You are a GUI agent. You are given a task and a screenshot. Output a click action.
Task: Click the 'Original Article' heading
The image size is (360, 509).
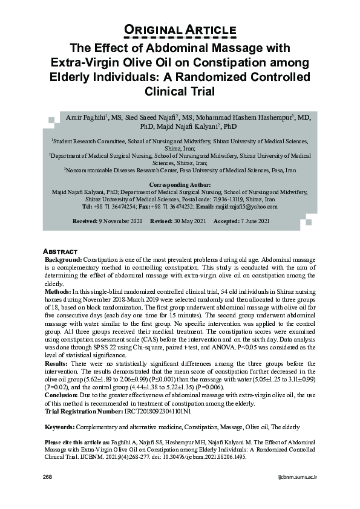180,30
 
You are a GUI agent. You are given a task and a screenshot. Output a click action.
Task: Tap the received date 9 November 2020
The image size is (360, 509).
120,222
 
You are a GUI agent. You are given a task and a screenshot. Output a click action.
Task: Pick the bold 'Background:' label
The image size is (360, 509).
64,259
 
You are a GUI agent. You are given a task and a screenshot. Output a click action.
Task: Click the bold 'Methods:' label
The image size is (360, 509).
59,291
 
